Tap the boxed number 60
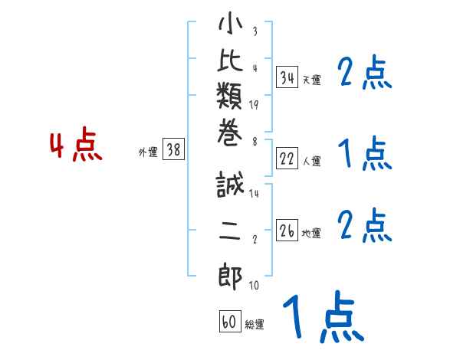pos(229,322)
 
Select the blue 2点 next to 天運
pos(364,74)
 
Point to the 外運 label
pos(148,152)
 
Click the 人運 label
pos(312,161)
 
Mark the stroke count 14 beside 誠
pos(254,194)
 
